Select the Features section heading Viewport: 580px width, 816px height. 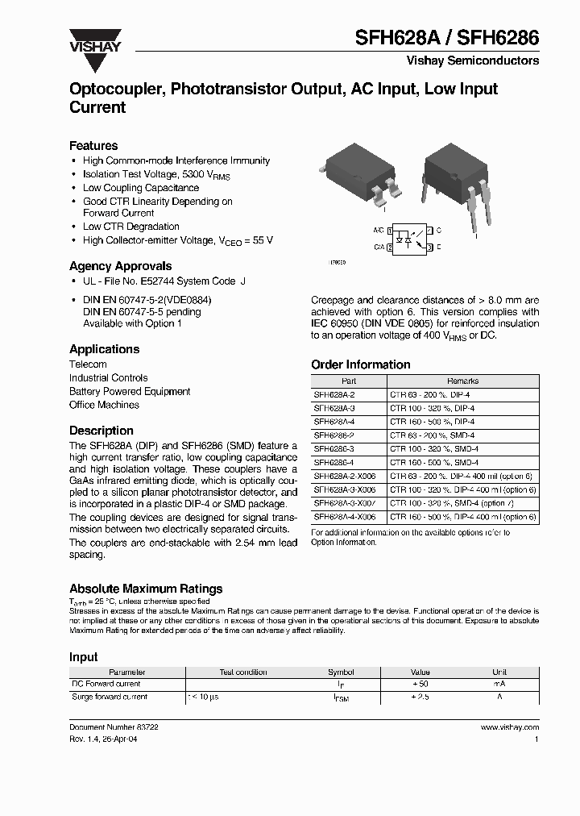tap(93, 146)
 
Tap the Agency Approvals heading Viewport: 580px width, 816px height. tap(120, 266)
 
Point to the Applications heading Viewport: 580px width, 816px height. tap(104, 349)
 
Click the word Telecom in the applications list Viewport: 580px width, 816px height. tap(88, 364)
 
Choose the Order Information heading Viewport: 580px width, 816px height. tap(360, 364)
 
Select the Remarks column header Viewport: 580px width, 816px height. tap(462, 381)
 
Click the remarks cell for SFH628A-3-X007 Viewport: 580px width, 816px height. tap(462, 503)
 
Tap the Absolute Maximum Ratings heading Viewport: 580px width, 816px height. tap(146, 589)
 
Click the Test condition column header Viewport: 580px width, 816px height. tap(243, 672)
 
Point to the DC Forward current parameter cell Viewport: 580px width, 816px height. tap(106, 684)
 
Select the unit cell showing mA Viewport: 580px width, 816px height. tap(499, 684)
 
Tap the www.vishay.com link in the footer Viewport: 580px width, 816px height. tap(509, 726)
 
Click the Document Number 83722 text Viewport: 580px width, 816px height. tap(114, 726)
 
